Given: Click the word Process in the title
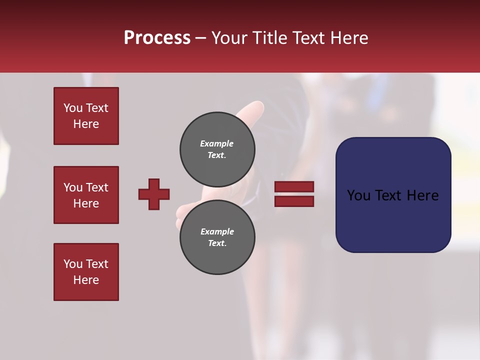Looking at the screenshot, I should click(157, 38).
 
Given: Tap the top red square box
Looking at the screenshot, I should click(86, 116).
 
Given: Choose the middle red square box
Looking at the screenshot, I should click(86, 195).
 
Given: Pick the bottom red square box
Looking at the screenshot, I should click(86, 272).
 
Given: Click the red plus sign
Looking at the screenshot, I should click(154, 194).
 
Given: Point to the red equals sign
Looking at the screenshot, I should click(294, 194).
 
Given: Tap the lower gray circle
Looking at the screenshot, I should click(217, 237).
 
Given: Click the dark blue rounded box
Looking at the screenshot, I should click(393, 195).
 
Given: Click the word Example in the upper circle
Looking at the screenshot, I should click(216, 143).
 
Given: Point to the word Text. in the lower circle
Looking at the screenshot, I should click(217, 243).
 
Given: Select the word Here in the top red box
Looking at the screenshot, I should click(86, 124).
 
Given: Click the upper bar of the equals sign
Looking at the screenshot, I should click(294, 187).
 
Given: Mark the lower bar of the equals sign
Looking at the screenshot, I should click(294, 201).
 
